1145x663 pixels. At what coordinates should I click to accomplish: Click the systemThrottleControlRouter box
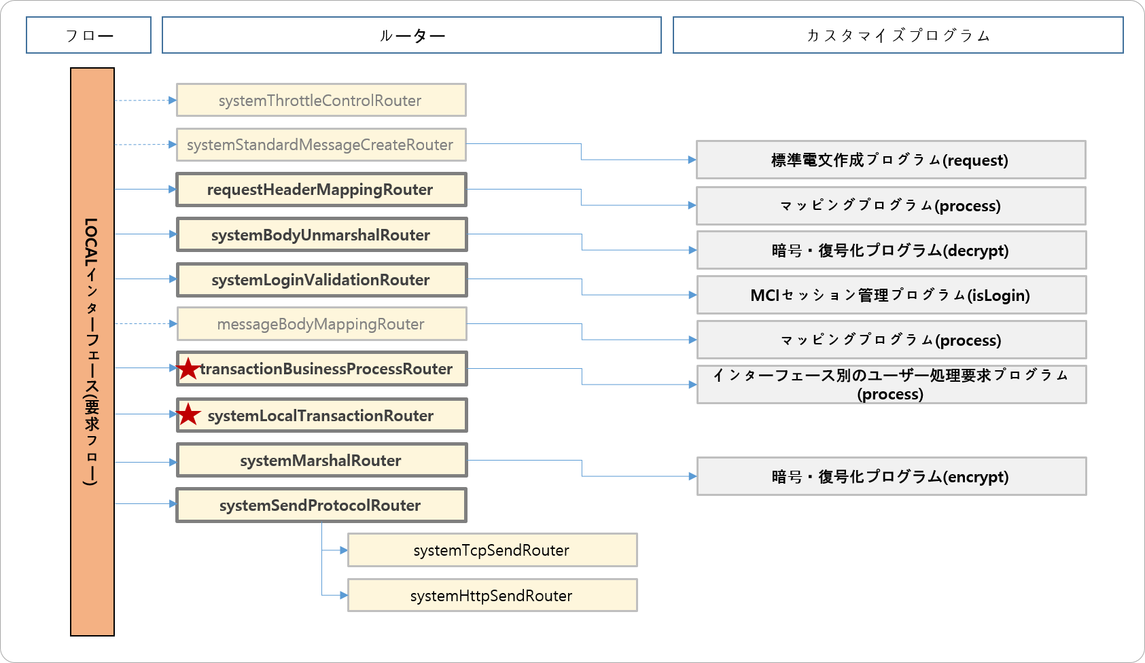[x=321, y=101]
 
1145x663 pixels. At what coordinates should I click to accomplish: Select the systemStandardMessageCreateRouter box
[x=321, y=145]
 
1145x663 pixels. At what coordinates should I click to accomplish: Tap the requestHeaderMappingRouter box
[x=321, y=190]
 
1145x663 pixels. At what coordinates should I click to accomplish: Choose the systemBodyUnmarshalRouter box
[x=321, y=235]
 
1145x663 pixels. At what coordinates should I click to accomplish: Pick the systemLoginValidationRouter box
[x=321, y=280]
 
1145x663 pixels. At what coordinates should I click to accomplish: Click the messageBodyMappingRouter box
[x=321, y=324]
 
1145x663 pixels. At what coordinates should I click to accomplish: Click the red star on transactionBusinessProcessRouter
[x=188, y=369]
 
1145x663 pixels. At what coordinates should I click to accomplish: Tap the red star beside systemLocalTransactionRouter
[x=188, y=414]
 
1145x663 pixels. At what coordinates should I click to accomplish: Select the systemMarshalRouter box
[x=321, y=461]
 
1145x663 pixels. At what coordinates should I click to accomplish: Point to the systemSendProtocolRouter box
[x=321, y=505]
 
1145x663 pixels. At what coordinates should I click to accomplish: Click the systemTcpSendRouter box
[x=492, y=550]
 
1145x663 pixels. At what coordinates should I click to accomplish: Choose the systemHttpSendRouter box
[x=492, y=596]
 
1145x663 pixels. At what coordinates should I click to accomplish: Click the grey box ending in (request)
[x=891, y=160]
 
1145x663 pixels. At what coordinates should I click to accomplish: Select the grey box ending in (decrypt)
[x=891, y=251]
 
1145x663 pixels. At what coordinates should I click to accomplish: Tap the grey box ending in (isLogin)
[x=891, y=295]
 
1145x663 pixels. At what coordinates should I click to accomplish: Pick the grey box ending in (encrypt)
[x=891, y=477]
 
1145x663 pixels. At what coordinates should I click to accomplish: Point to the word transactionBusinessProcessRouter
[x=326, y=369]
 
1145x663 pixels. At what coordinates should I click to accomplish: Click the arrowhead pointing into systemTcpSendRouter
[x=344, y=550]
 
